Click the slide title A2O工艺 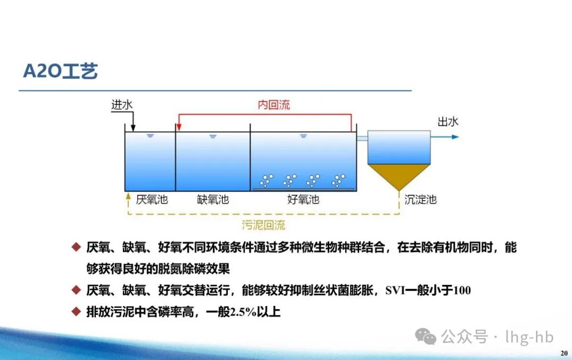(x=60, y=71)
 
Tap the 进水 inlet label (x=122, y=105)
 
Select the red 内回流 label (x=274, y=105)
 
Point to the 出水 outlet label (x=448, y=121)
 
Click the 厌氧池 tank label (x=152, y=200)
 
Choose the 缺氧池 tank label (x=213, y=200)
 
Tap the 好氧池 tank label (x=303, y=200)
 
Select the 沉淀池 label (x=421, y=200)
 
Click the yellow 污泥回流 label (x=263, y=225)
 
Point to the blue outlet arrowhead (x=455, y=137)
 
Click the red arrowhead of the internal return (x=179, y=127)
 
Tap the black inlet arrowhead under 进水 (x=133, y=128)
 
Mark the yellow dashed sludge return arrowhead (x=128, y=196)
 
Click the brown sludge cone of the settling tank (x=399, y=174)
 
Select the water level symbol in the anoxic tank (x=213, y=137)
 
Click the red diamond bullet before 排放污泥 (x=76, y=311)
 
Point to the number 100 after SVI (x=462, y=291)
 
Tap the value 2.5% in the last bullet (x=243, y=312)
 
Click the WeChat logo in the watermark (x=425, y=336)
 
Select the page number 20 (x=564, y=353)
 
